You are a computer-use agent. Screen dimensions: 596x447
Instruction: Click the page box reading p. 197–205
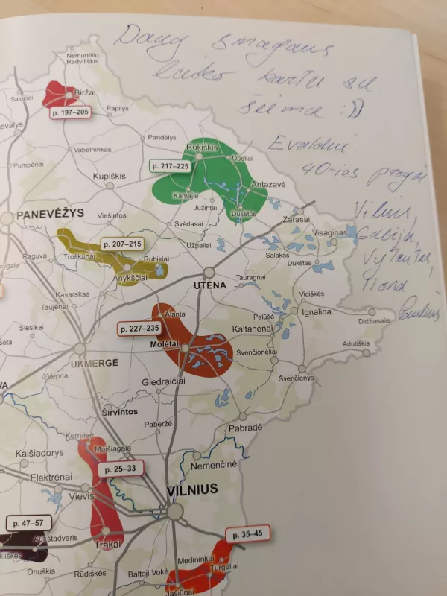pyautogui.click(x=70, y=112)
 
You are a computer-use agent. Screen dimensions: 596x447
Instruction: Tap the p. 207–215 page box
pyautogui.click(x=121, y=244)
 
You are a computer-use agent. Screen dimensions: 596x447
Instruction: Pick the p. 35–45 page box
pyautogui.click(x=247, y=533)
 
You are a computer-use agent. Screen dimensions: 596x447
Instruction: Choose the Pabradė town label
pyautogui.click(x=245, y=428)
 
